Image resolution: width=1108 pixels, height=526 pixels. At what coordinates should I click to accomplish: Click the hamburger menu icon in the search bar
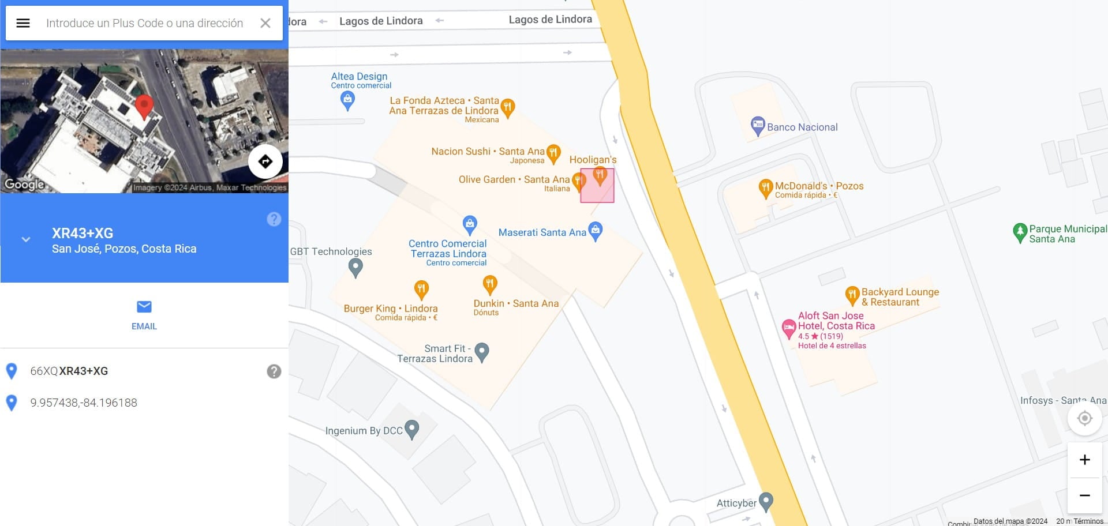click(23, 23)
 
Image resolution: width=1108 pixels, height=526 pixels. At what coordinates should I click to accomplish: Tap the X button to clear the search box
click(265, 23)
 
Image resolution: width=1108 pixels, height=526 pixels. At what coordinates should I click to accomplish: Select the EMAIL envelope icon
click(144, 306)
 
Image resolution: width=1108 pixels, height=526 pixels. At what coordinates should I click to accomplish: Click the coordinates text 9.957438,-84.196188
click(84, 403)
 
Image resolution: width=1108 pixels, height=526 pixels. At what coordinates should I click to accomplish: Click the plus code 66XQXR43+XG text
click(69, 371)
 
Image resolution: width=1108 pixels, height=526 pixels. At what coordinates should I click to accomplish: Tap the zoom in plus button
click(1084, 460)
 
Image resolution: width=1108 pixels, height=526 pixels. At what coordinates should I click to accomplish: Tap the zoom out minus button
click(1084, 495)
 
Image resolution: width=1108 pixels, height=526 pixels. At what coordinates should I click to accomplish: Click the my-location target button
click(1084, 418)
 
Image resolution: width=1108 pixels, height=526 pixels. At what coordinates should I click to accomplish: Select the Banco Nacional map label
click(802, 127)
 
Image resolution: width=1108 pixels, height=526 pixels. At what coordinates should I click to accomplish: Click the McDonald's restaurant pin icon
click(765, 188)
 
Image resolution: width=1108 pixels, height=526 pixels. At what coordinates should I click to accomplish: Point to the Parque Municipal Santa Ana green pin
click(1020, 232)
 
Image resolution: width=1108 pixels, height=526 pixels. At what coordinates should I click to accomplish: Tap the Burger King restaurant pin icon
click(421, 289)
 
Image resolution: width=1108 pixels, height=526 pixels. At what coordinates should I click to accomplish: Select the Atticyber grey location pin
click(766, 502)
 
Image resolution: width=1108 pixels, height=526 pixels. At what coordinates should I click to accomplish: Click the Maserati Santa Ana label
click(542, 232)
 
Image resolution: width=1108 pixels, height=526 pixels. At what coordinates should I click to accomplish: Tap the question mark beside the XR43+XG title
click(274, 219)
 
